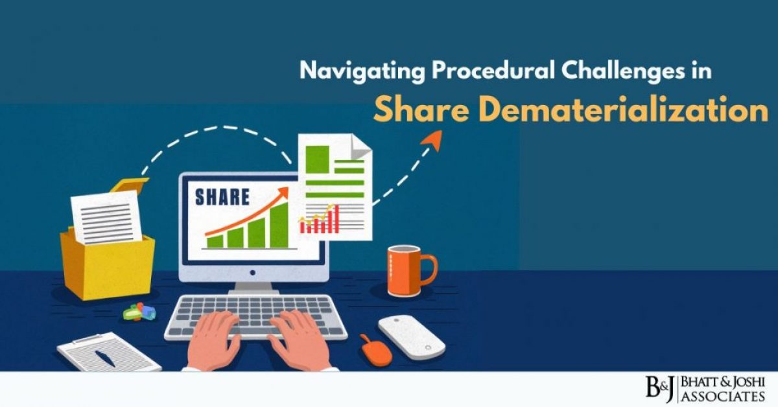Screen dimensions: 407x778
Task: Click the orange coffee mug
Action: tap(405, 270)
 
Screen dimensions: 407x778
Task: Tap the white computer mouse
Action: tap(411, 334)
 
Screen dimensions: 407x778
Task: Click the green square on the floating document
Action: tap(318, 159)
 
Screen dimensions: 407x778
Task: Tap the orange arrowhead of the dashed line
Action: tap(433, 140)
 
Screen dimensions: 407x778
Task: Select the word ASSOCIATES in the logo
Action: tap(723, 395)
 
